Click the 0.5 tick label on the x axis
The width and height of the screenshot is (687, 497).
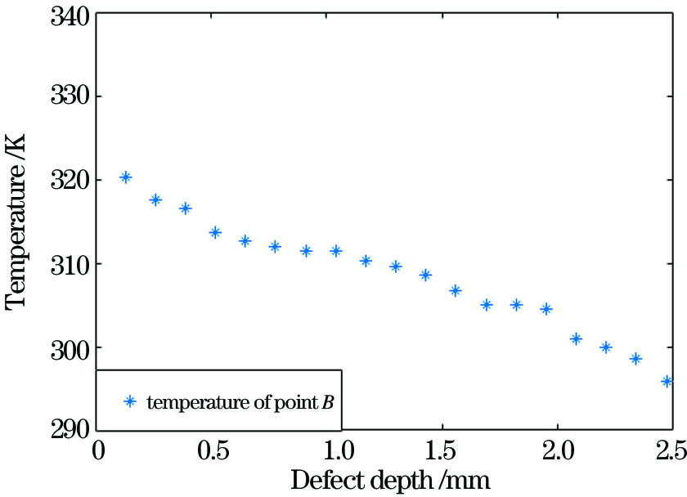(214, 450)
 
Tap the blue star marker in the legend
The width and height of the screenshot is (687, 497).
(128, 401)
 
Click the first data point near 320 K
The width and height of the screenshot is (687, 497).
(125, 177)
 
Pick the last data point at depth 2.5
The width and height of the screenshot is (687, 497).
(667, 381)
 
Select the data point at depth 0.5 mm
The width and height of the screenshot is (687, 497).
(215, 232)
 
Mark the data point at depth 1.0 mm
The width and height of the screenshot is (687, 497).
(335, 251)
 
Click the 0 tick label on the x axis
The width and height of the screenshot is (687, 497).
(98, 450)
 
